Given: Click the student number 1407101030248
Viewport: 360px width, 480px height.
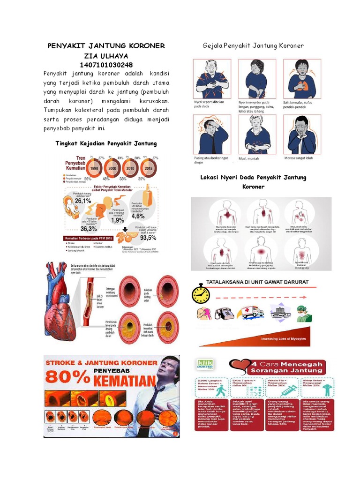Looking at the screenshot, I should coord(106,65).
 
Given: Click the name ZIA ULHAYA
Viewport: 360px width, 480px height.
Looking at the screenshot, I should coord(106,55).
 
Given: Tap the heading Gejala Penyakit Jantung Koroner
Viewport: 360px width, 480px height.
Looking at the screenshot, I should coord(253,45).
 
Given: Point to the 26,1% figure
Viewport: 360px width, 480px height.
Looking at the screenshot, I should coord(82,201).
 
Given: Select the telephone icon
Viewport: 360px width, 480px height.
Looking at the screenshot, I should coord(225,312).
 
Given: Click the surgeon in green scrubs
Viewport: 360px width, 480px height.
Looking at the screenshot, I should coord(304,313).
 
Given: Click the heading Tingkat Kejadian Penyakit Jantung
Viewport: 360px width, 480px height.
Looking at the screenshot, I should coord(106,143).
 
